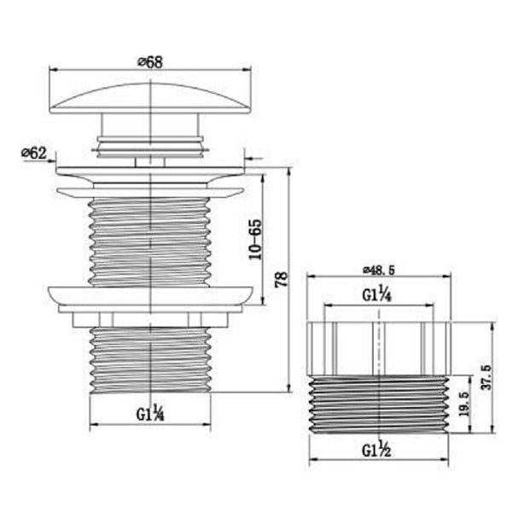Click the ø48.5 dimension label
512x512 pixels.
click(379, 269)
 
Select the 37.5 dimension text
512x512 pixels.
click(487, 377)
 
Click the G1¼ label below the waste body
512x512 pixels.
click(150, 415)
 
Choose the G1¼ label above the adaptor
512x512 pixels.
click(378, 297)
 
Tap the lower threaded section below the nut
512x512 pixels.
click(150, 358)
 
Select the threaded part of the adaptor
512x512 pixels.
click(378, 405)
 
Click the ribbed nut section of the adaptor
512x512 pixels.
click(378, 348)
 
